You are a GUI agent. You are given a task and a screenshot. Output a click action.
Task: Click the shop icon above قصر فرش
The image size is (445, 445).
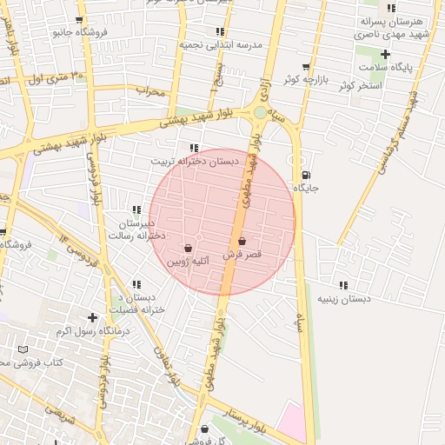tap(242, 242)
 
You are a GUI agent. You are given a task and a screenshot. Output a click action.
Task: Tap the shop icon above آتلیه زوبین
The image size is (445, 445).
tap(188, 248)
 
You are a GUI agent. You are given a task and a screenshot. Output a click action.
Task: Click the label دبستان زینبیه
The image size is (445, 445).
tap(342, 299)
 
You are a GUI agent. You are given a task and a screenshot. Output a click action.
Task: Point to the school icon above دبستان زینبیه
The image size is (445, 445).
tap(342, 285)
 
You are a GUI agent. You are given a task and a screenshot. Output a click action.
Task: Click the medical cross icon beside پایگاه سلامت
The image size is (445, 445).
tap(385, 54)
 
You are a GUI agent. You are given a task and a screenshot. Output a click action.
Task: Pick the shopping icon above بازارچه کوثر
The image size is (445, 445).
tap(305, 67)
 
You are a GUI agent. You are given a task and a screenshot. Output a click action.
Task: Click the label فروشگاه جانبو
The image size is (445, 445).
tap(80, 33)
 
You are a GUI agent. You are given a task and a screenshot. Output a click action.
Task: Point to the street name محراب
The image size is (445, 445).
tap(149, 90)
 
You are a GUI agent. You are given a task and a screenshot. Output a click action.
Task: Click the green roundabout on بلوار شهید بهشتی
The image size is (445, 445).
tap(261, 112)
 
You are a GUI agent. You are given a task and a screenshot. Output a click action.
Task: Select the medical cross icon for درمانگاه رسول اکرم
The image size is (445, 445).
tap(92, 317)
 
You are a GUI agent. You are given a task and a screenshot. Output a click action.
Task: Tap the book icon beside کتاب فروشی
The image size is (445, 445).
tap(23, 349)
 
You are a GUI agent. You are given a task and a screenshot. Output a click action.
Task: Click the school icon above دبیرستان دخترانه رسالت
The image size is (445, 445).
tap(136, 209)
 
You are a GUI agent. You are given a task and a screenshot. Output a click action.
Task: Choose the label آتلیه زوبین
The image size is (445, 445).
tap(188, 261)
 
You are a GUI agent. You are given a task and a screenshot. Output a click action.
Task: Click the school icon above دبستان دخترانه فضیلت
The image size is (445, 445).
tap(136, 284)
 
